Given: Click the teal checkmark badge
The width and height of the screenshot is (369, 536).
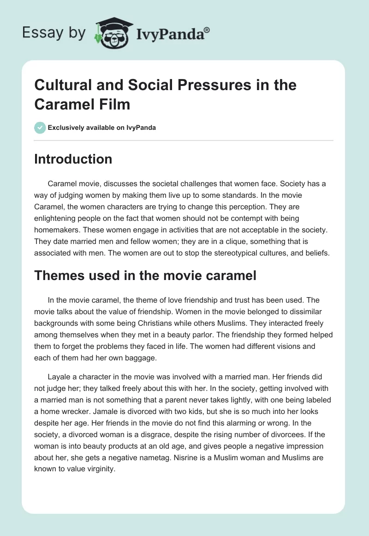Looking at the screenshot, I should coord(40,128).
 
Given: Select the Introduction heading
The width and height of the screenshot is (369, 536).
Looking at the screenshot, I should coord(73,159).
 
